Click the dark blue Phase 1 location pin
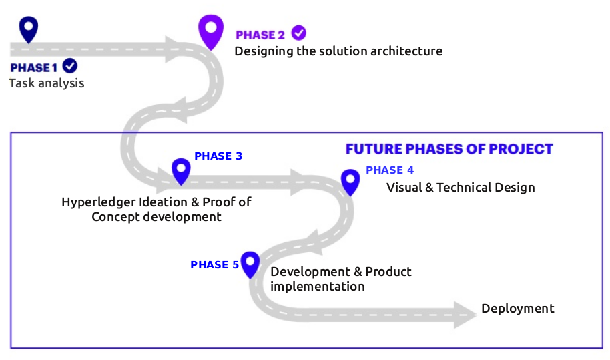[29, 28]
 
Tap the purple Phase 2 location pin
[212, 30]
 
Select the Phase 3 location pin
[180, 170]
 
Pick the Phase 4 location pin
[350, 180]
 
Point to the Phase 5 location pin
[250, 262]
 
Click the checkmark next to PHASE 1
[69, 66]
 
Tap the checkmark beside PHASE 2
[298, 33]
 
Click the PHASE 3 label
[218, 156]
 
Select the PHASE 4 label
[390, 170]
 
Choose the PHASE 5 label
[214, 265]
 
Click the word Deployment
[518, 309]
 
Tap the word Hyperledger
[99, 202]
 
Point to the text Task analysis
[47, 83]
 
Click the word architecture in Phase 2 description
[405, 51]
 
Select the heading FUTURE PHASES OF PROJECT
[449, 148]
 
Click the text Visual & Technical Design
[461, 188]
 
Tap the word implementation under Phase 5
[318, 287]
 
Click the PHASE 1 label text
[34, 67]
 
